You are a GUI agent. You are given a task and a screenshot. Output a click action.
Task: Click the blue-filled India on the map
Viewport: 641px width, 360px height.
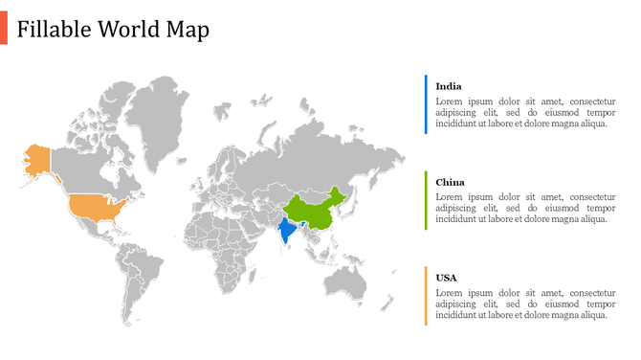click(x=285, y=231)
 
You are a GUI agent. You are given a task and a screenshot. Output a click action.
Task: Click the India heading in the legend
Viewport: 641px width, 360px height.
click(x=449, y=86)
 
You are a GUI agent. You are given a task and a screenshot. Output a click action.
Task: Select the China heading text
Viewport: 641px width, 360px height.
click(x=450, y=182)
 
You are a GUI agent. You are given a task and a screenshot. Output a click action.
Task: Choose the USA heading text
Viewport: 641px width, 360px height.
click(x=446, y=278)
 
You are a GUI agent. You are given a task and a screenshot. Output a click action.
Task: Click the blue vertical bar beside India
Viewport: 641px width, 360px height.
click(x=426, y=104)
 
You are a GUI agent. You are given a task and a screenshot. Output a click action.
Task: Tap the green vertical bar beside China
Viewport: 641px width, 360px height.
click(x=426, y=200)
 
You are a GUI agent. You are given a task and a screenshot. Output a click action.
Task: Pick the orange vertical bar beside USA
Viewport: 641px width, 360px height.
click(x=426, y=296)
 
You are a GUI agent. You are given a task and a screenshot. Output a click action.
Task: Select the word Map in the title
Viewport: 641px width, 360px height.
click(x=188, y=30)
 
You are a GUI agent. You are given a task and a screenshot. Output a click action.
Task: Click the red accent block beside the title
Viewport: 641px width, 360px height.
click(x=4, y=30)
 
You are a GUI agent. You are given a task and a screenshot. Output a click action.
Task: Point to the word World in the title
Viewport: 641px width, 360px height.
click(x=130, y=30)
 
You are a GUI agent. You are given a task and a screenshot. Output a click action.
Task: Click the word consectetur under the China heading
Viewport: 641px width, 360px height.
click(x=586, y=196)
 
